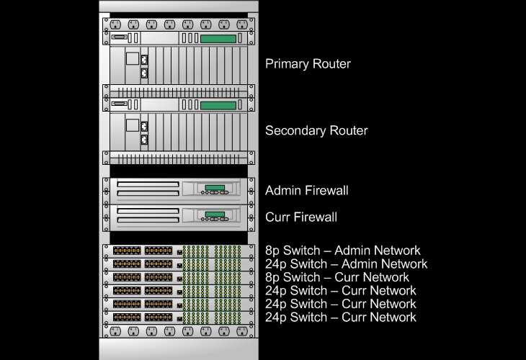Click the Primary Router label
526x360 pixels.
[308, 64]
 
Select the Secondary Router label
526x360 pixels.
[316, 131]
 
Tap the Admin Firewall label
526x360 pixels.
[306, 191]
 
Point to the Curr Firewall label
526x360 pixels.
[300, 217]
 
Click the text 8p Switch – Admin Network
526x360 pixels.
[342, 251]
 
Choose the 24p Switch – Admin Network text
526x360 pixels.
[346, 264]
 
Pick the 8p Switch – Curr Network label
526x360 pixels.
[337, 277]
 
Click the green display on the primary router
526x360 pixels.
[218, 39]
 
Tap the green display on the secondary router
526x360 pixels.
[218, 105]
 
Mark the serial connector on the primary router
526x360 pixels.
[119, 39]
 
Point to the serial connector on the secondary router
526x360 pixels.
[119, 105]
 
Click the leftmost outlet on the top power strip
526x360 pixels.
[115, 24]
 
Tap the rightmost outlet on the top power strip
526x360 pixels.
[241, 24]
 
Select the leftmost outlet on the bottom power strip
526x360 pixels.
[115, 332]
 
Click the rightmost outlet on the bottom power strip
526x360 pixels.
[241, 332]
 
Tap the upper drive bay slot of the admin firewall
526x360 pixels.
[148, 185]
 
